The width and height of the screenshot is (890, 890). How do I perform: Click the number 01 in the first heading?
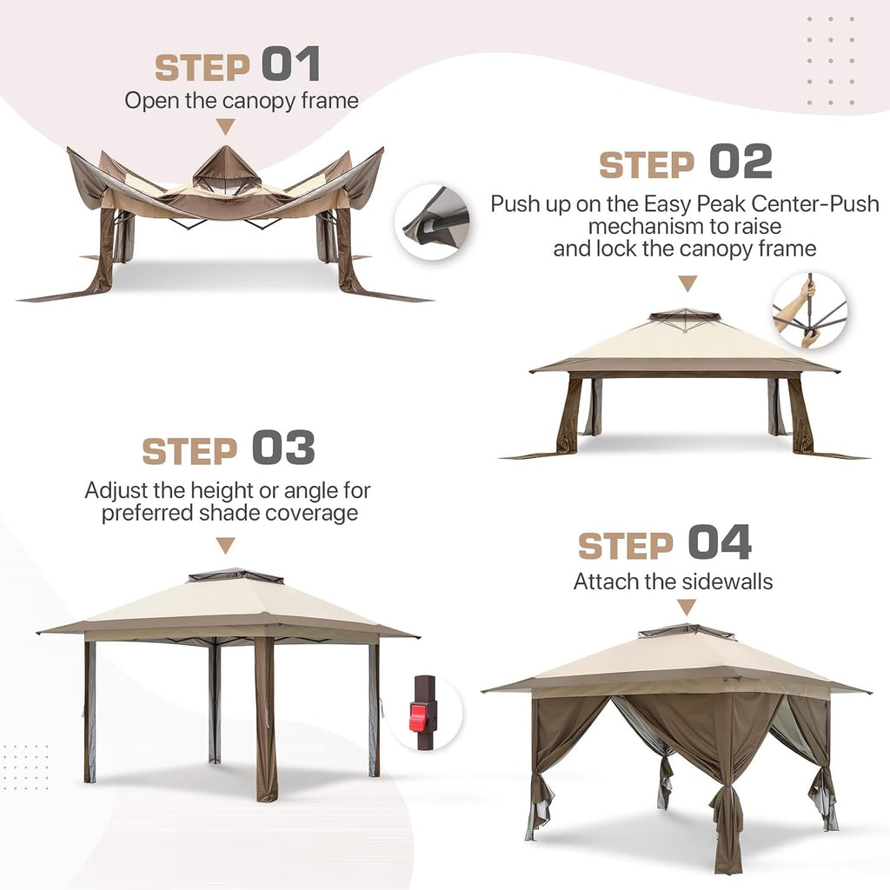(291, 63)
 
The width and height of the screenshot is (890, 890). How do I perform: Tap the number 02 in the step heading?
(741, 161)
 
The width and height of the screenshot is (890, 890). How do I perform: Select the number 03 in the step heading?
(283, 447)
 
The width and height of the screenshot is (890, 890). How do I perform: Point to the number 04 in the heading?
(720, 542)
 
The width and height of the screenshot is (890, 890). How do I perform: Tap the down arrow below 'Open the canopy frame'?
(226, 127)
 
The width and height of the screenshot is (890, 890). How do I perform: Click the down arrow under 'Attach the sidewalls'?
(687, 608)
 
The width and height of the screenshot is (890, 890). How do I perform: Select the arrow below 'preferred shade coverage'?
(225, 546)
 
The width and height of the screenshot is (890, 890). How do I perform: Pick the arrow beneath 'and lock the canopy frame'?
(688, 283)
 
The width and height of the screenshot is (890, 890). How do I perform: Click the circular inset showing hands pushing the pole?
(810, 310)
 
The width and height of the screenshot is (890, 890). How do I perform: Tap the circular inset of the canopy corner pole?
(433, 222)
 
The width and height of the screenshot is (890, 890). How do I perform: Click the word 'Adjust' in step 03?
(116, 490)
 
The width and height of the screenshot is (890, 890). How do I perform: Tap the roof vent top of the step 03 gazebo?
(236, 575)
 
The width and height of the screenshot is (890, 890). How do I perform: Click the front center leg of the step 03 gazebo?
(264, 718)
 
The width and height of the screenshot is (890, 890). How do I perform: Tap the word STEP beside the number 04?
(626, 546)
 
